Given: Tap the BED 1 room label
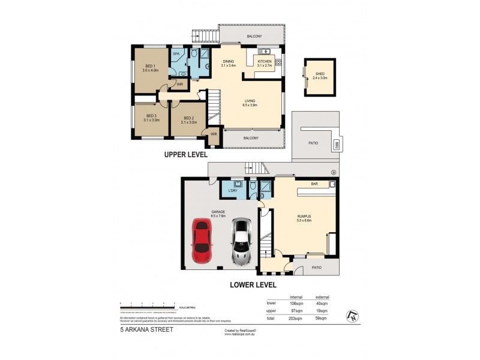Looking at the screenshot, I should (151, 66).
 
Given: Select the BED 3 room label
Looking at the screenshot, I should (150, 116).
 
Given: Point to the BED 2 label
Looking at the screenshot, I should (188, 118).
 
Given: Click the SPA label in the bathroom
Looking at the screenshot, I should (176, 54).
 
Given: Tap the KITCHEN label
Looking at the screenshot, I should (265, 61).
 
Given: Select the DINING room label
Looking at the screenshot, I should (229, 61).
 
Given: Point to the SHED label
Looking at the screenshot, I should (318, 73).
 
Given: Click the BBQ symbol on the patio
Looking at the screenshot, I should (338, 143).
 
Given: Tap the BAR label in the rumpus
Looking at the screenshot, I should (314, 184).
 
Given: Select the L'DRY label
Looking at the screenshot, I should (232, 190).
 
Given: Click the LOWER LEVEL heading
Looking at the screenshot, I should (253, 285).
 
